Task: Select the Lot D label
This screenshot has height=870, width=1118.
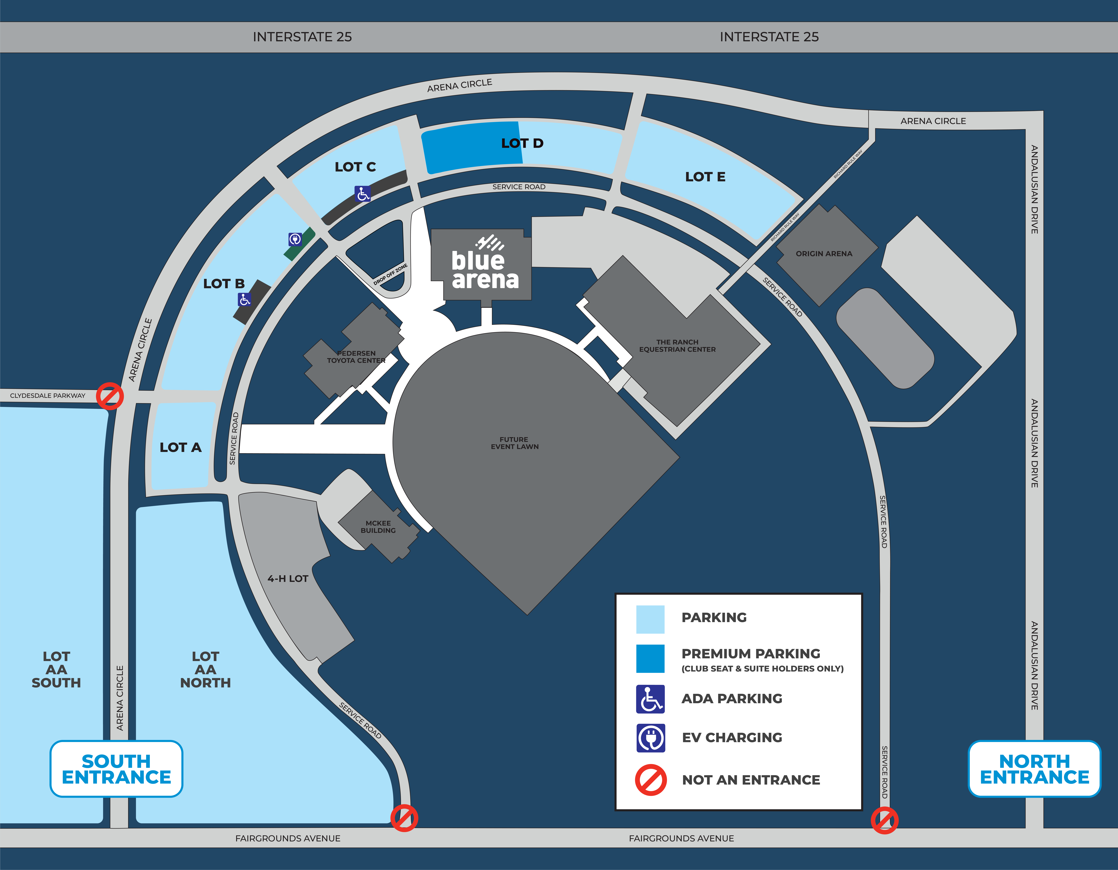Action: point(522,143)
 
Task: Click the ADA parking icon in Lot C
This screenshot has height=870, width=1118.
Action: point(362,194)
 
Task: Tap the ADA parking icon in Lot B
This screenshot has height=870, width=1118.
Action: point(245,299)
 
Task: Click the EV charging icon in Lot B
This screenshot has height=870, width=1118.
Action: point(295,239)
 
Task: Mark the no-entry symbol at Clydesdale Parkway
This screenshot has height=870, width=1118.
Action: point(110,396)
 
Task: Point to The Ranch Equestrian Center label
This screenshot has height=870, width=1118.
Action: point(677,345)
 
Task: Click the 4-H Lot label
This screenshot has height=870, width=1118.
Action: point(288,579)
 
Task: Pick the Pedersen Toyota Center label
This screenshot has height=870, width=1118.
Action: point(356,357)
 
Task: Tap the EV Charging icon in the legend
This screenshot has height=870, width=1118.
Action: point(651,738)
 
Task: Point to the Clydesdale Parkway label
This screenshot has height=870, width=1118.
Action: point(48,396)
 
